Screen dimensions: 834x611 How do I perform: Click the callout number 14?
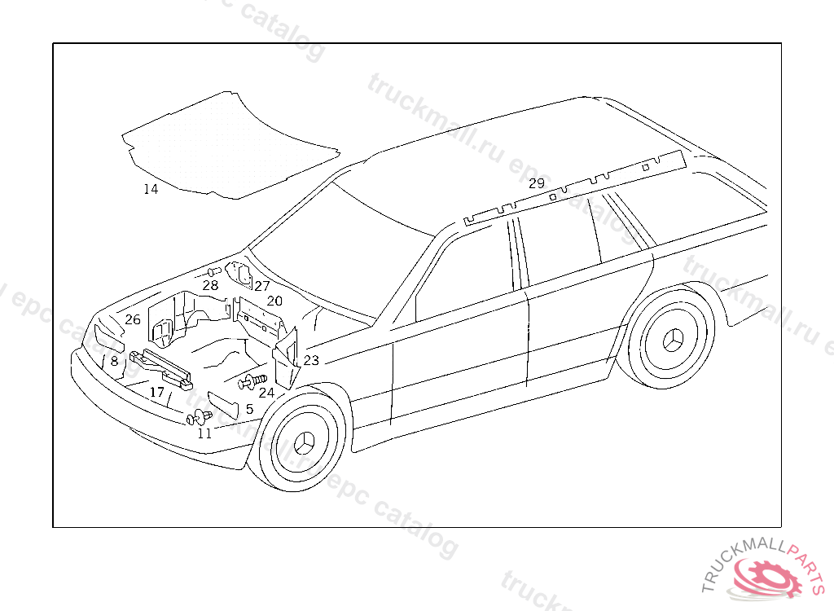[151, 190]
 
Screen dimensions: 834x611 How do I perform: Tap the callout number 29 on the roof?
[536, 183]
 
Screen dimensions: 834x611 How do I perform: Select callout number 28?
[210, 286]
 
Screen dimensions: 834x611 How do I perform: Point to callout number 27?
[261, 286]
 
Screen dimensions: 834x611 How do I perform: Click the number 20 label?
[274, 301]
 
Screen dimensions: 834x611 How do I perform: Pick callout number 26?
[133, 319]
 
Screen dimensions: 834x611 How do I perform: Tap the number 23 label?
[311, 360]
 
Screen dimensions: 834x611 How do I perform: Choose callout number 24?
[266, 393]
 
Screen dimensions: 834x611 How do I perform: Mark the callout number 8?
[114, 361]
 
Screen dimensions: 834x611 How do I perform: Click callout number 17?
[157, 393]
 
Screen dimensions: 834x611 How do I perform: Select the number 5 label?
[249, 409]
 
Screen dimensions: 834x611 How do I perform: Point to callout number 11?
[204, 433]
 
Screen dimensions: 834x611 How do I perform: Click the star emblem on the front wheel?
[305, 444]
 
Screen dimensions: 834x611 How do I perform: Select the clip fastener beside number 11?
[198, 419]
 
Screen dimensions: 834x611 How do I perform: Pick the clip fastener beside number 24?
[252, 380]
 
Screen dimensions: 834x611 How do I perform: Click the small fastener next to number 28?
[214, 271]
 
